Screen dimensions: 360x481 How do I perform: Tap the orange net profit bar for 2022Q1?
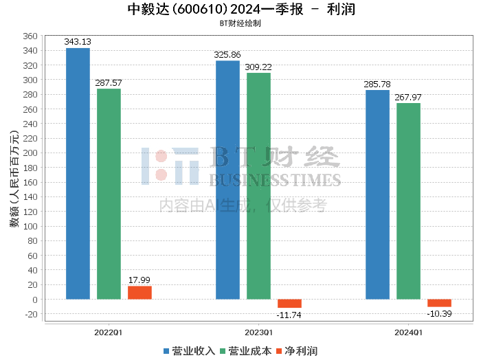click(139, 293)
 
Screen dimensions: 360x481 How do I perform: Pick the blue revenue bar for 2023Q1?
click(227, 180)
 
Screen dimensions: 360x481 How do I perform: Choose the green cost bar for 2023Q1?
click(258, 186)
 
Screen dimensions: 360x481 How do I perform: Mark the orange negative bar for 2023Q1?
click(289, 304)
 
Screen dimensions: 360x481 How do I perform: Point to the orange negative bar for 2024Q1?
click(439, 303)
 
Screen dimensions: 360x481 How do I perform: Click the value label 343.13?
click(78, 41)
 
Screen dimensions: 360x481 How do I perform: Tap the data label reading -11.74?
click(289, 315)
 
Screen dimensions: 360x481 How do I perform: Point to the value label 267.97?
click(408, 97)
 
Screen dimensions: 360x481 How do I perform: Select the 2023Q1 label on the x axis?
click(258, 332)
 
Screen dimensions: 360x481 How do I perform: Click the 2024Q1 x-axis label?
click(408, 332)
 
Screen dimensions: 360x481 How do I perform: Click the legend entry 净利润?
click(295, 350)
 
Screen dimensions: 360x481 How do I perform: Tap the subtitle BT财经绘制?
click(240, 23)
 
